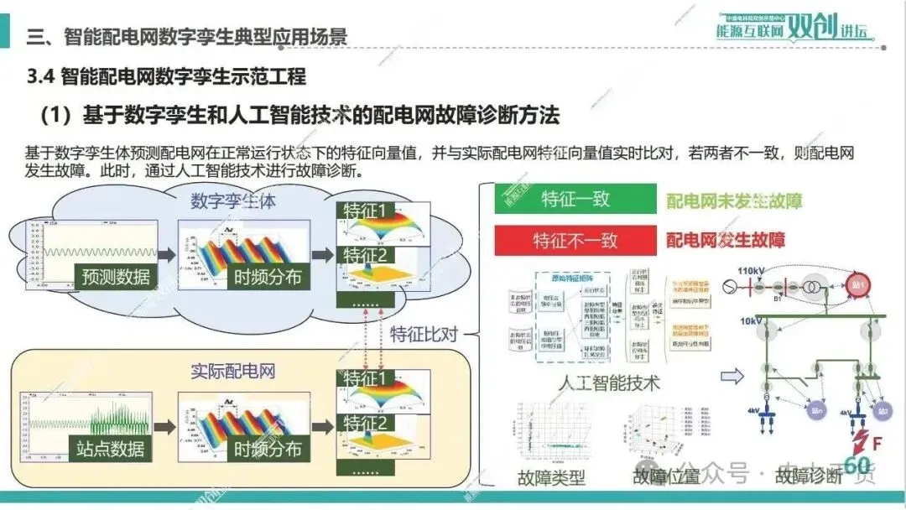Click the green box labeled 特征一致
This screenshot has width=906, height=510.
(x=575, y=200)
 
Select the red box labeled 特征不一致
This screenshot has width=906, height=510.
(x=575, y=240)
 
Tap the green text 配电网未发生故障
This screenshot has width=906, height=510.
(x=734, y=201)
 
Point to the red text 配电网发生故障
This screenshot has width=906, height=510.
(x=725, y=241)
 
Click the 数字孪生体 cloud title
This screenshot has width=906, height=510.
(x=233, y=201)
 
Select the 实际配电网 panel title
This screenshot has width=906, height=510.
(x=232, y=370)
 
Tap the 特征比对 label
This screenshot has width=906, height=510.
(x=424, y=334)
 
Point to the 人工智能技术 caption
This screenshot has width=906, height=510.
(x=609, y=383)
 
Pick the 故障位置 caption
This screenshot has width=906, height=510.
(x=666, y=477)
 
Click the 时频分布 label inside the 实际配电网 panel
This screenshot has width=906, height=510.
(x=268, y=450)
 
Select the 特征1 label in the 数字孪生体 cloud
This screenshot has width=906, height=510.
(x=367, y=211)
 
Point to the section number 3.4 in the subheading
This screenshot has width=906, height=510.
(x=41, y=77)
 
